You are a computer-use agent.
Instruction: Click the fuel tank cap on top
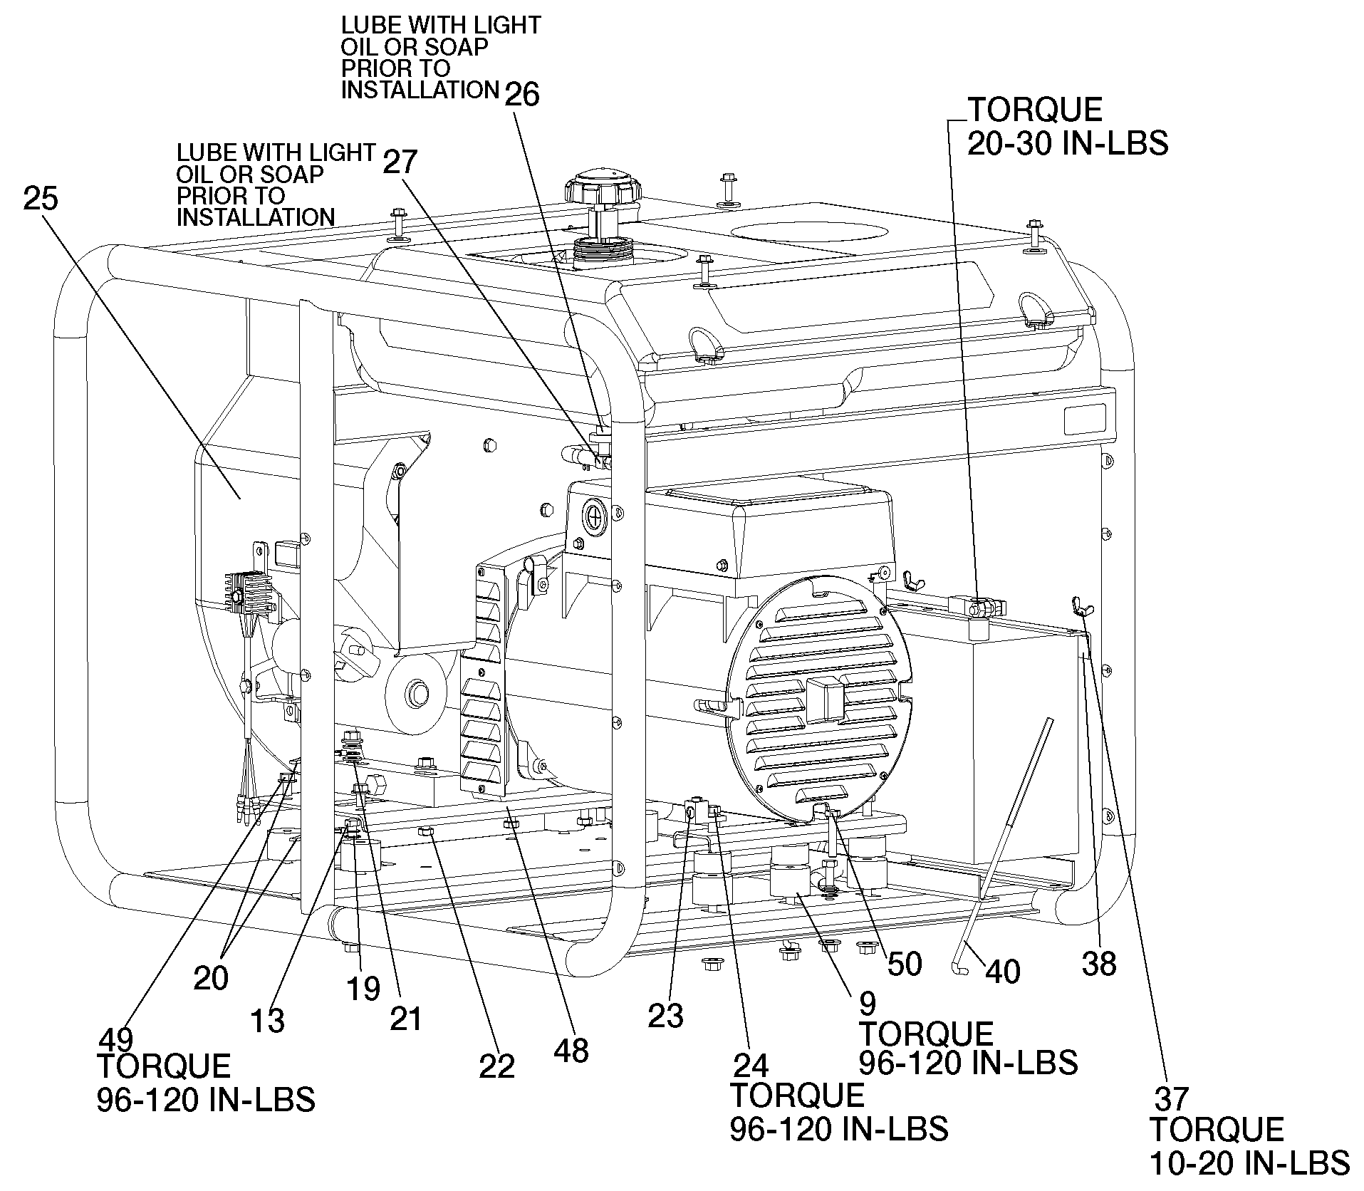604,187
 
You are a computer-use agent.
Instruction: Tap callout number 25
41,199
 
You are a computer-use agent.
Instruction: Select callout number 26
522,94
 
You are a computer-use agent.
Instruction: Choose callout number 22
496,1066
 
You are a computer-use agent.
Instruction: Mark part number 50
904,964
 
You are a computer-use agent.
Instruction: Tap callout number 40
1002,972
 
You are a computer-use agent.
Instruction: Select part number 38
1099,964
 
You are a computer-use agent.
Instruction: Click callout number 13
268,1021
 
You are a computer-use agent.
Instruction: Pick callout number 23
665,1016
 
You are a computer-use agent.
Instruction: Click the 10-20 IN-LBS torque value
1249,1163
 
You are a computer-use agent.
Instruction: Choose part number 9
868,1002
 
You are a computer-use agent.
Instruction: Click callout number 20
211,978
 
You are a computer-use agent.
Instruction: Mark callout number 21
405,1018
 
